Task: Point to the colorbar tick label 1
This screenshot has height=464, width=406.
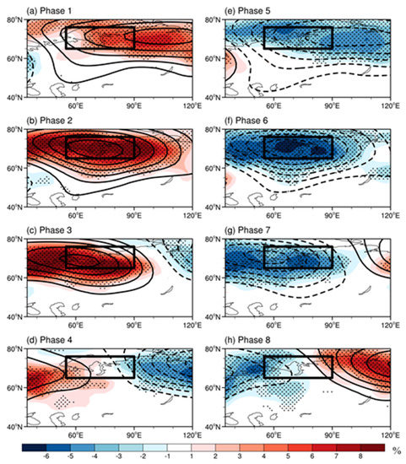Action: (198, 456)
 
